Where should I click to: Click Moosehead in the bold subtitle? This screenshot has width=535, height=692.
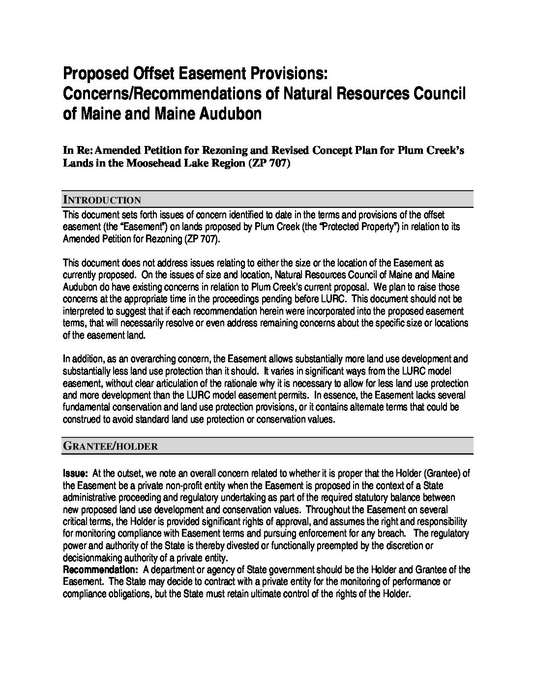157,163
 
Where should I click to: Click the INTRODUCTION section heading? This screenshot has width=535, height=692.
102,200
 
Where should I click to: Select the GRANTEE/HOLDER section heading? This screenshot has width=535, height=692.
110,446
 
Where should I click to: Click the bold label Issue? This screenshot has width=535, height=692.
75,473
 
